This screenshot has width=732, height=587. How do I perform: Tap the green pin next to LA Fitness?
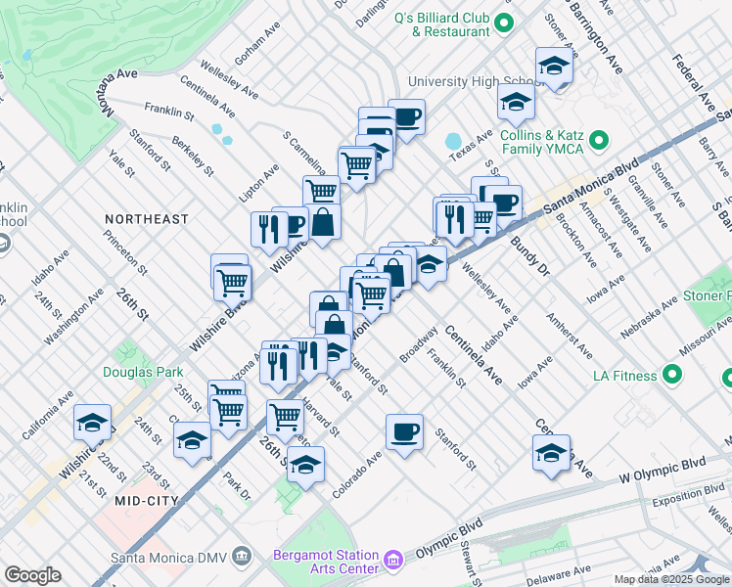672,375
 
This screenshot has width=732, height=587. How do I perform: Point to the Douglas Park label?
143,372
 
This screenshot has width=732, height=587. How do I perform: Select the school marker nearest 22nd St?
93,423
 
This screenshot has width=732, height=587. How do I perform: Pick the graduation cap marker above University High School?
555,66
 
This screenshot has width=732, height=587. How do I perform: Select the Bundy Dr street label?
526,251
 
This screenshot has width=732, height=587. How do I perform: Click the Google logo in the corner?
32,575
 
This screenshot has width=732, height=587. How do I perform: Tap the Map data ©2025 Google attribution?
671,579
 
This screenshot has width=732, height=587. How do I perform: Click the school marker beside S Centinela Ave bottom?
551,452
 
